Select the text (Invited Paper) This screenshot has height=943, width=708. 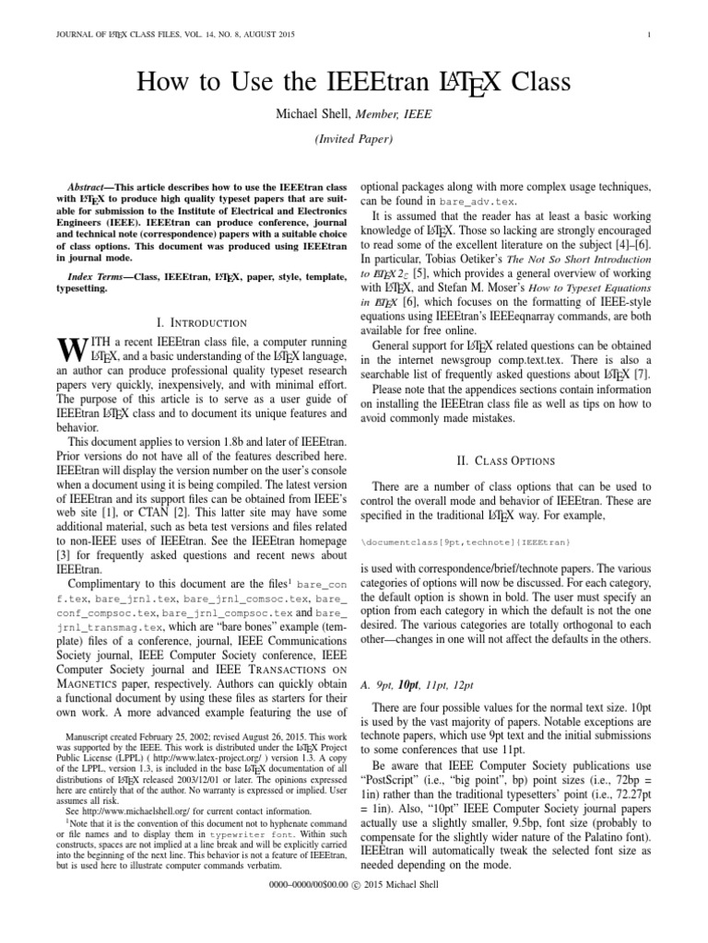pos(354,140)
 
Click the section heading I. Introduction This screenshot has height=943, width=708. pos(202,322)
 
